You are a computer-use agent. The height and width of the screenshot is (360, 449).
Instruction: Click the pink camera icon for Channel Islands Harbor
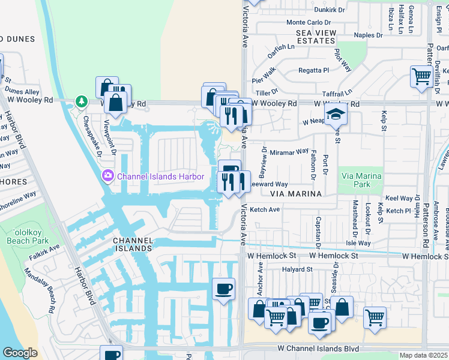(x=108, y=176)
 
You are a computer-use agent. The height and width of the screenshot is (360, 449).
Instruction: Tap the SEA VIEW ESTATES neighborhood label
(x=310, y=36)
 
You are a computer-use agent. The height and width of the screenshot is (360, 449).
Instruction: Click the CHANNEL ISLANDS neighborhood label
(x=132, y=244)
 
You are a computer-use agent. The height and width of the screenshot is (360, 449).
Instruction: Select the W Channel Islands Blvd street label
(x=318, y=349)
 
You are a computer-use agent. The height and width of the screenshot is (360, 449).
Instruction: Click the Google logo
(x=20, y=353)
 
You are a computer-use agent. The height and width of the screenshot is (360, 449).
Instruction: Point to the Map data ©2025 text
(x=423, y=355)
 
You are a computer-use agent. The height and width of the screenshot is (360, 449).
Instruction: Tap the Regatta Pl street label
(x=314, y=70)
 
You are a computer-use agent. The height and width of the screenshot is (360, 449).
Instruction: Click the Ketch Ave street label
(x=265, y=210)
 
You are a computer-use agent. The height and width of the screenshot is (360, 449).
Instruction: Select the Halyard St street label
(x=298, y=270)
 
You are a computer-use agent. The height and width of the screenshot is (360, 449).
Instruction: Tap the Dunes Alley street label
(x=22, y=92)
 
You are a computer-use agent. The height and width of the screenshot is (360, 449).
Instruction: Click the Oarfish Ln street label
(x=281, y=46)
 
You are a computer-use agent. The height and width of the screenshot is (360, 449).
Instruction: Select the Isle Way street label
(x=358, y=243)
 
